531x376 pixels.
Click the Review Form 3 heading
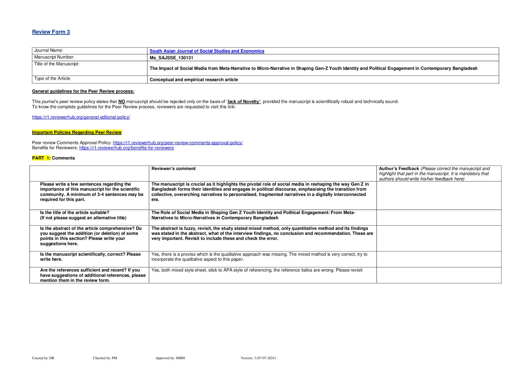pos(51,32)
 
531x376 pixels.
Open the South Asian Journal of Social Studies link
pos(207,51)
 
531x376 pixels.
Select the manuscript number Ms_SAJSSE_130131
pos(171,58)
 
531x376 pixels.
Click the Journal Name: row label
pos(49,50)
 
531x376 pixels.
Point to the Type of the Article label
pos(52,78)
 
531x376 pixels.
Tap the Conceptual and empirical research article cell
pos(194,80)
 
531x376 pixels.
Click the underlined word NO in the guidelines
pos(122,101)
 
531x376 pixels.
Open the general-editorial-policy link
pos(81,117)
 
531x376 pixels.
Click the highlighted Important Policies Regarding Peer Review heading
pos(77,132)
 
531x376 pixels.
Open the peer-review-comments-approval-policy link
pos(178,143)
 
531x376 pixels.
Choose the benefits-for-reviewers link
pos(126,148)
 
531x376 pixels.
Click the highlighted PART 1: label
pos(41,158)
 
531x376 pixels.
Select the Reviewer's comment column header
pos(173,169)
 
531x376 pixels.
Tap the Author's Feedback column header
pos(399,169)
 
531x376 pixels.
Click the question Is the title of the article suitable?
pos(75,212)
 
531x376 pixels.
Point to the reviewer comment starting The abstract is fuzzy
pos(262,233)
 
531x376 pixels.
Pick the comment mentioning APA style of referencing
pos(257,270)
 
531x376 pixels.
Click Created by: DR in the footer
pos(43,358)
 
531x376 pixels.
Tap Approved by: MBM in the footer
pos(170,358)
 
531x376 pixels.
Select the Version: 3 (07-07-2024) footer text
pos(258,358)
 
